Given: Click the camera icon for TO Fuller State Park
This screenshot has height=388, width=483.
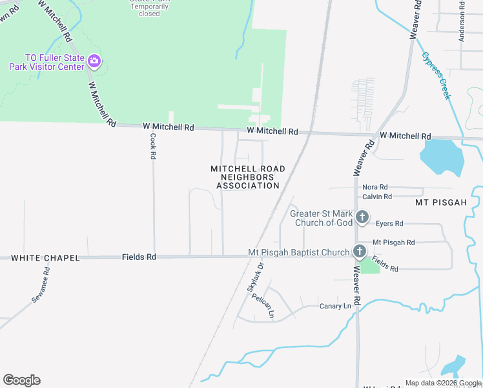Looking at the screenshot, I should [94, 62].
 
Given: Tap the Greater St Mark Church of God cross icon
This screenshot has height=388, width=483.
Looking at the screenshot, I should [362, 217].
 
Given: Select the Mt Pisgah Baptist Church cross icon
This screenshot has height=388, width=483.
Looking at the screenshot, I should [360, 252].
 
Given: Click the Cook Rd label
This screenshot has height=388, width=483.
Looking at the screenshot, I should [153, 147].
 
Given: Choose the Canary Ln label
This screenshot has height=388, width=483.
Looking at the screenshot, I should [335, 305].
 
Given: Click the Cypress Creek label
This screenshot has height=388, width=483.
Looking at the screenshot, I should [437, 76].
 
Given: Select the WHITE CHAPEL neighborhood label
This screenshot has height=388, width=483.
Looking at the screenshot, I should [45, 257].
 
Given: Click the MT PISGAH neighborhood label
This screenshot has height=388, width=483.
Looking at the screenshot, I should [440, 202].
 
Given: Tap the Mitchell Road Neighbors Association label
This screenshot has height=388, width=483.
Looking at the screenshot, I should [248, 177].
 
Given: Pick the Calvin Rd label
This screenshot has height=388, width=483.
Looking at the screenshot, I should [377, 197].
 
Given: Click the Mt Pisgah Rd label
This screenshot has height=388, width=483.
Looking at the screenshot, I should [393, 242].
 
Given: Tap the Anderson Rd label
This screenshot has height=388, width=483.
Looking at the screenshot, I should [462, 22].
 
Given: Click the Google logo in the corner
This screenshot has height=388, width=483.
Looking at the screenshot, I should [21, 380].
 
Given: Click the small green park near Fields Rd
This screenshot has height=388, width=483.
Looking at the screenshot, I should [369, 264].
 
